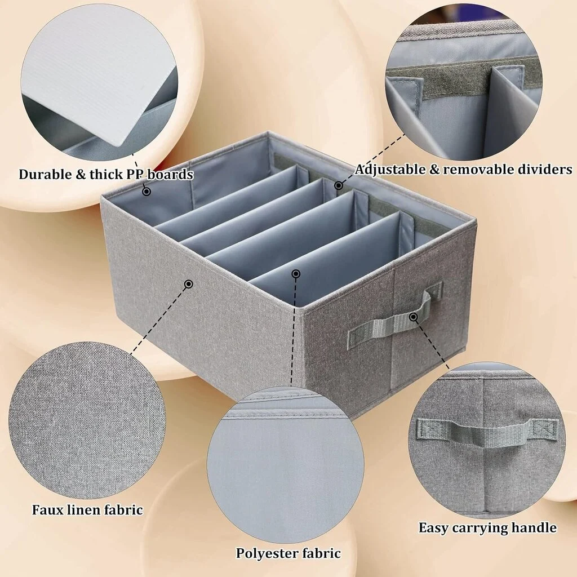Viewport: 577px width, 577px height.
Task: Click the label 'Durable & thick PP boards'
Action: (106, 174)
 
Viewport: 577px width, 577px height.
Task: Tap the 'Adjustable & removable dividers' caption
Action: (463, 169)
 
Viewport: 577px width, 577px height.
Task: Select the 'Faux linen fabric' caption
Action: (87, 509)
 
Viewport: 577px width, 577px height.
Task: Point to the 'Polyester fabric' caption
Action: (288, 553)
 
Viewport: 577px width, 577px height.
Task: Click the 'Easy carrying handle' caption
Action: (487, 527)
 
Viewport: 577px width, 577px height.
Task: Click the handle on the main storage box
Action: (395, 317)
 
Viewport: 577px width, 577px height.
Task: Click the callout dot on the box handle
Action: (413, 317)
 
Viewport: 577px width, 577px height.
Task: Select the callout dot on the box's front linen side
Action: (188, 284)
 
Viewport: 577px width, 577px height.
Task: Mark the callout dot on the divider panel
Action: (295, 274)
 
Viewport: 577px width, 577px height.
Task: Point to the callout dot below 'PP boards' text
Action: (147, 192)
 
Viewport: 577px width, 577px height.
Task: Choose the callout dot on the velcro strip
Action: (338, 185)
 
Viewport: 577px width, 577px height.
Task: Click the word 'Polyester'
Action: (267, 553)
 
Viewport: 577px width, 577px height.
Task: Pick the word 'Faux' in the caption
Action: (47, 509)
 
